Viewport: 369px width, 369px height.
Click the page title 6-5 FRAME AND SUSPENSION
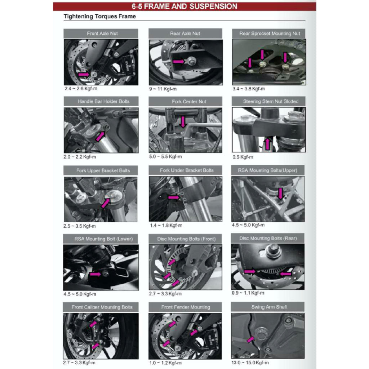coord(184,6)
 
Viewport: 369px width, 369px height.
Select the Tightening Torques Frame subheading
coord(99,17)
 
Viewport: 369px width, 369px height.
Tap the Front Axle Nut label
coord(102,34)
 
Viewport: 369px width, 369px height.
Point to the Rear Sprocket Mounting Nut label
coord(270,34)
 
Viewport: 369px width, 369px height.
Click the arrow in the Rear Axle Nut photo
coord(179,62)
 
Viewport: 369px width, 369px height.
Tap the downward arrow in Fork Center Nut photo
coord(183,122)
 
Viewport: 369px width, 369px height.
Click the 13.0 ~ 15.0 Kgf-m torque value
coord(250,362)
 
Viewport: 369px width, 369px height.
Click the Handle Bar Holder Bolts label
coord(103,102)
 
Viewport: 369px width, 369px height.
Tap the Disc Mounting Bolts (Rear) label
coord(268,238)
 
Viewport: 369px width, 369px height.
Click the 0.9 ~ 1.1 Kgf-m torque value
coord(248,293)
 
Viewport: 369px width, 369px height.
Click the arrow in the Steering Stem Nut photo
coord(267,145)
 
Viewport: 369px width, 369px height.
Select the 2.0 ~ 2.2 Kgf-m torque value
coord(79,157)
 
